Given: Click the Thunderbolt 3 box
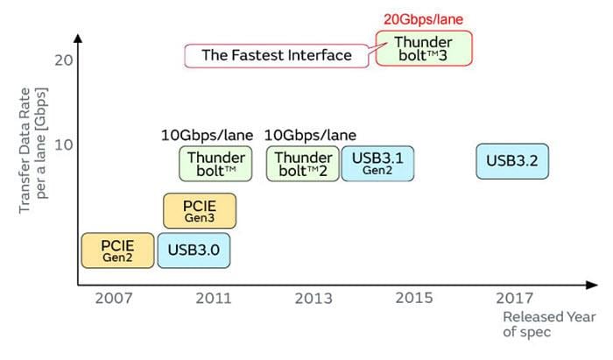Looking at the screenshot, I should click(x=424, y=49).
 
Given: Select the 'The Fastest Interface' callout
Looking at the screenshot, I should click(x=277, y=55).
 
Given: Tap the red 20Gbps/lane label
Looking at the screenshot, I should click(x=423, y=18).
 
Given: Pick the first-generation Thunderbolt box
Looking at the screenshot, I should click(x=215, y=163).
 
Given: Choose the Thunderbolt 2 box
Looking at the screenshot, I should click(x=302, y=163).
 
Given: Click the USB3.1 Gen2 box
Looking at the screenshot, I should click(x=377, y=163).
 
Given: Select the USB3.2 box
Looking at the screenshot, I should click(x=512, y=161).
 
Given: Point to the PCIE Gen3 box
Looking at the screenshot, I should click(x=200, y=210).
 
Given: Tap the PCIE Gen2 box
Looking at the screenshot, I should click(x=116, y=250).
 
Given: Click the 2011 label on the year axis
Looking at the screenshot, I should click(x=213, y=299).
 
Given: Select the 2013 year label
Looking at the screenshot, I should click(x=313, y=299).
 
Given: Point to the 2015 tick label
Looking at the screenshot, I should click(x=413, y=299).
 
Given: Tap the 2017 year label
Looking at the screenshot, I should click(x=512, y=299).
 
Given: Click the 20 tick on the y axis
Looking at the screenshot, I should click(x=61, y=60).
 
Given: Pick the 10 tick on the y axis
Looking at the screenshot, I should click(x=61, y=144).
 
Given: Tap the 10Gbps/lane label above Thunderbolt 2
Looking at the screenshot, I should click(x=310, y=135).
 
